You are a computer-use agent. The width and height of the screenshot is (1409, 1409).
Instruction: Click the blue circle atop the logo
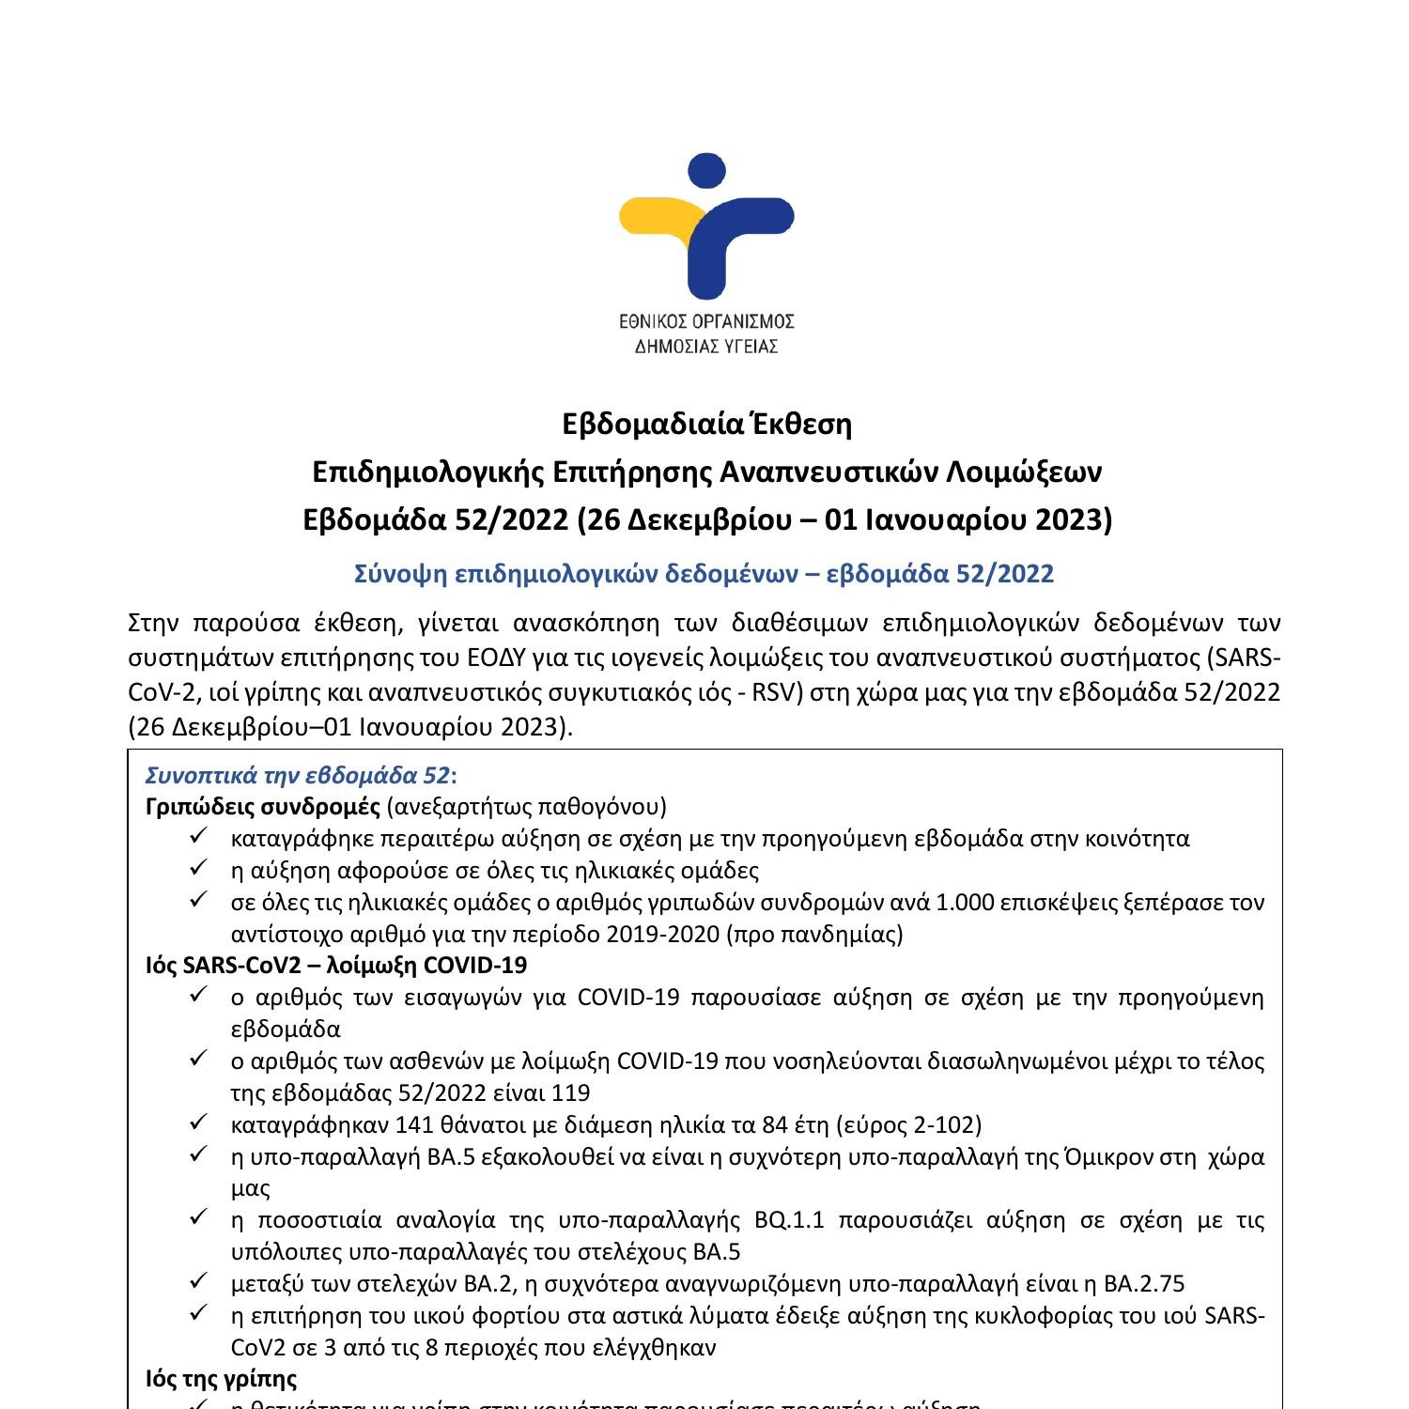click(706, 172)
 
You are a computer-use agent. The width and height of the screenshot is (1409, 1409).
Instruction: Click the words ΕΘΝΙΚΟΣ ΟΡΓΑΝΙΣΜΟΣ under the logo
click(706, 321)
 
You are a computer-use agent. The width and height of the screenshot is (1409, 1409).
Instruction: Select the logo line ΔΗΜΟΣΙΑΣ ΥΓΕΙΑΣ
click(706, 346)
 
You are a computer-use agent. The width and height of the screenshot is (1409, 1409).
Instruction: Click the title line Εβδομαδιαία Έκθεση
click(706, 425)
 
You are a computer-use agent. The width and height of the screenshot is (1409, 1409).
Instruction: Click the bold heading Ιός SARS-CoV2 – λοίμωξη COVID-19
click(336, 965)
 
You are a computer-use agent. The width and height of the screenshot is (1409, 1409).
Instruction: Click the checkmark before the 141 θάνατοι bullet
click(198, 1123)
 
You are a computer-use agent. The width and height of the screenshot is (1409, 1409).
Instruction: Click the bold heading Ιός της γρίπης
click(222, 1379)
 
